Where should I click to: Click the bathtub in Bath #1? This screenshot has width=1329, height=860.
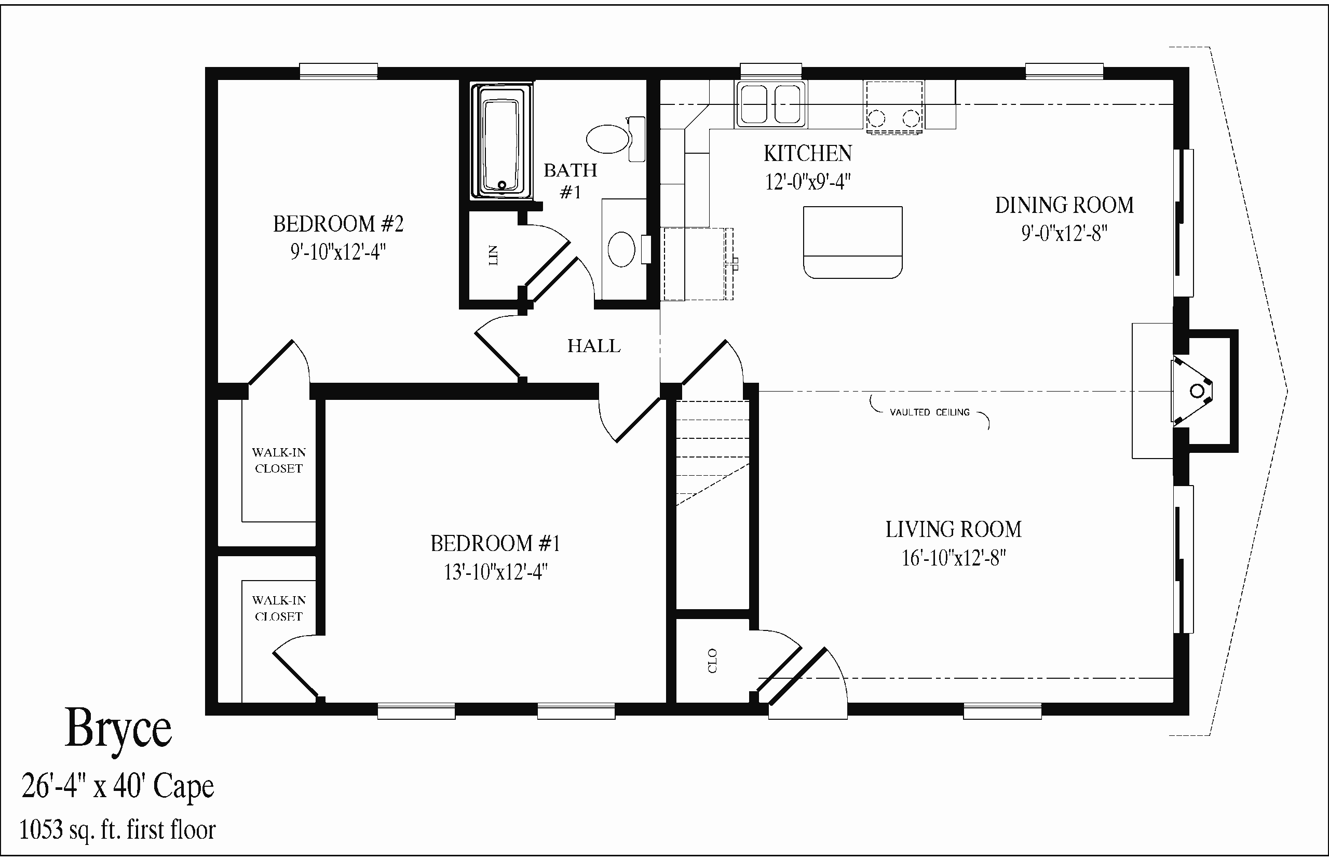pyautogui.click(x=501, y=141)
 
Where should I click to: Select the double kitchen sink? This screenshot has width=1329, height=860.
pyautogui.click(x=771, y=104)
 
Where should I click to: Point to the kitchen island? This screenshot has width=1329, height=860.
pyautogui.click(x=853, y=242)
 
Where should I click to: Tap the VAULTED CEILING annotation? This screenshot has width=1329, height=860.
pyautogui.click(x=929, y=412)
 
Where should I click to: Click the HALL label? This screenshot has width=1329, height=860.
pyautogui.click(x=594, y=346)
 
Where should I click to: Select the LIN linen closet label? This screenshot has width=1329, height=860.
pyautogui.click(x=493, y=255)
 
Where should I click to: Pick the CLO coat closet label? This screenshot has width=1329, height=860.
pyautogui.click(x=712, y=661)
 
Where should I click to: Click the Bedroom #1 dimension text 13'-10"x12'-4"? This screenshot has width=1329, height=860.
pyautogui.click(x=496, y=572)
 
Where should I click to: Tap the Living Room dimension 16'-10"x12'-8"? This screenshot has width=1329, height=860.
pyautogui.click(x=954, y=558)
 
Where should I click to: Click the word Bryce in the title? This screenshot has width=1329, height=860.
pyautogui.click(x=118, y=729)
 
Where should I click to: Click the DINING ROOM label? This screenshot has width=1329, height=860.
pyautogui.click(x=1064, y=206)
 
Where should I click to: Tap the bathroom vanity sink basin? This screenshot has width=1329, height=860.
pyautogui.click(x=621, y=249)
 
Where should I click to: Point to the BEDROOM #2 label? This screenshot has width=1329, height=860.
pyautogui.click(x=338, y=224)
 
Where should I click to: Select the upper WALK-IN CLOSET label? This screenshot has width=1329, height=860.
pyautogui.click(x=279, y=460)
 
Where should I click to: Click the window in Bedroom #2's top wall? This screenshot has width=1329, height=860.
pyautogui.click(x=339, y=71)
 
